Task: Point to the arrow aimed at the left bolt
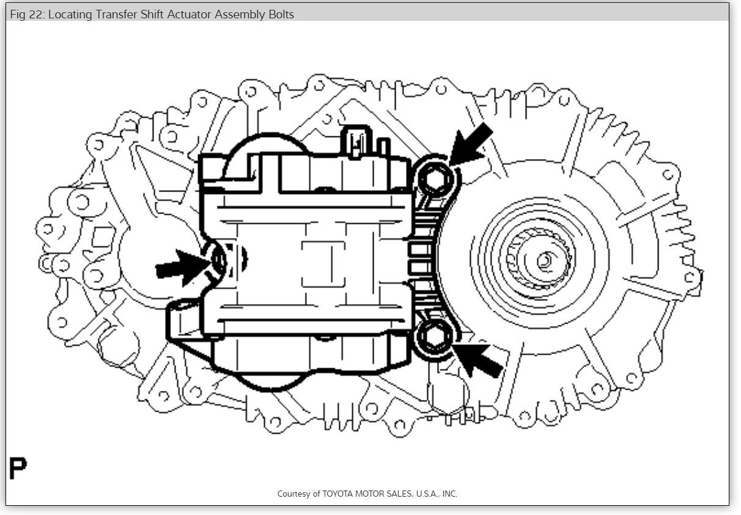coord(179,267)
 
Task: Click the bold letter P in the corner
coord(18,469)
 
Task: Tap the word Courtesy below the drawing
coord(294,494)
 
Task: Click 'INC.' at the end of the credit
coord(448,494)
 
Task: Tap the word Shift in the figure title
coord(153,14)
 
